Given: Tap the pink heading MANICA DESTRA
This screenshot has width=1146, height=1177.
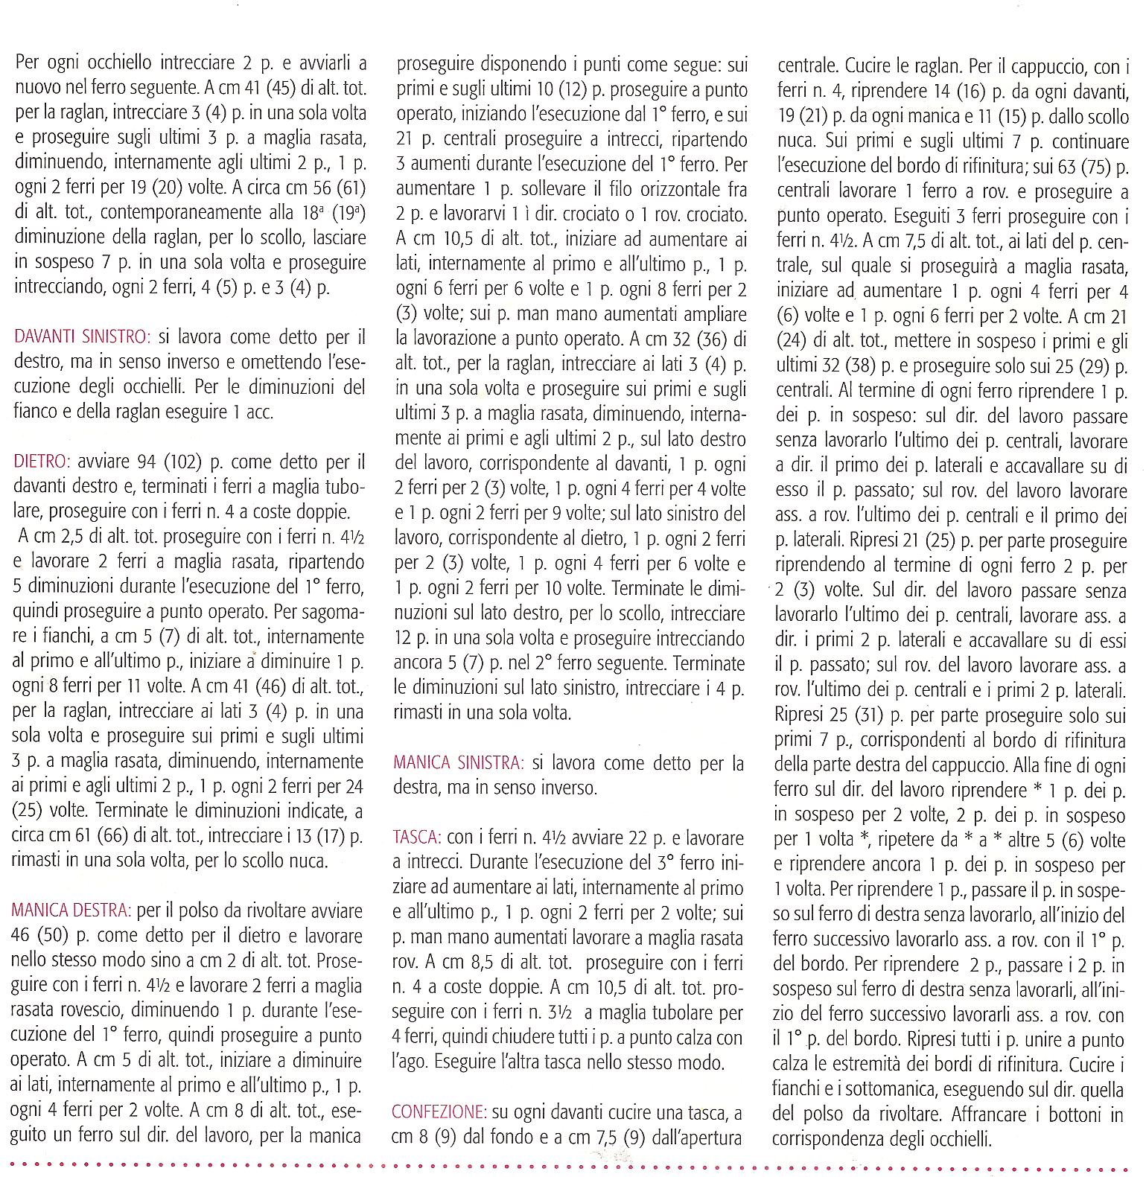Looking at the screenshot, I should coord(71,910).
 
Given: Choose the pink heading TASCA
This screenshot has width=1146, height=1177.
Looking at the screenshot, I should coord(416,838).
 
